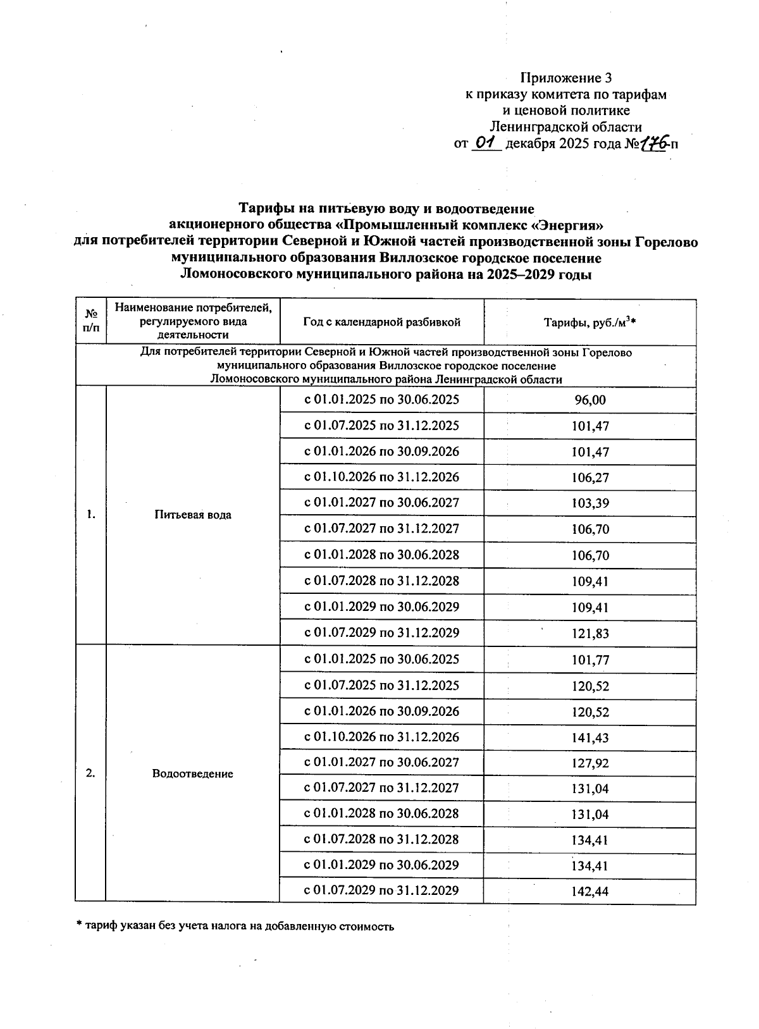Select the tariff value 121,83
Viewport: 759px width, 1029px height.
tap(589, 634)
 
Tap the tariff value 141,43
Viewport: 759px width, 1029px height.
tap(589, 737)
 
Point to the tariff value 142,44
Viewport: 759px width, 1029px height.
tap(589, 892)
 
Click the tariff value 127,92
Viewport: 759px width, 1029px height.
tap(589, 763)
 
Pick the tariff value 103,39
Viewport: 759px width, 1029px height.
tap(589, 503)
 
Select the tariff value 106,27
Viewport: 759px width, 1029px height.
tap(589, 478)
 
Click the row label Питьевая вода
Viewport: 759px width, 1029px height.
tap(193, 515)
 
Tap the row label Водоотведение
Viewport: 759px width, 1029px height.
tap(193, 773)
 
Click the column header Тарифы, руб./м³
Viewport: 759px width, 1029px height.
tap(589, 323)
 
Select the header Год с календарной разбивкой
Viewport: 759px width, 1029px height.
tap(381, 322)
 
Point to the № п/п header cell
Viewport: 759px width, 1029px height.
tap(91, 321)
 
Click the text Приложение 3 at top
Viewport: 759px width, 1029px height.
tap(566, 78)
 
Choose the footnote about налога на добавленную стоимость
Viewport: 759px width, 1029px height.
tap(235, 927)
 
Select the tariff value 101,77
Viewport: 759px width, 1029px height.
tap(589, 660)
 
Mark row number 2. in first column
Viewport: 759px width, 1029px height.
tap(91, 773)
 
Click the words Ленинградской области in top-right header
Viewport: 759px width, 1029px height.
tap(566, 126)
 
